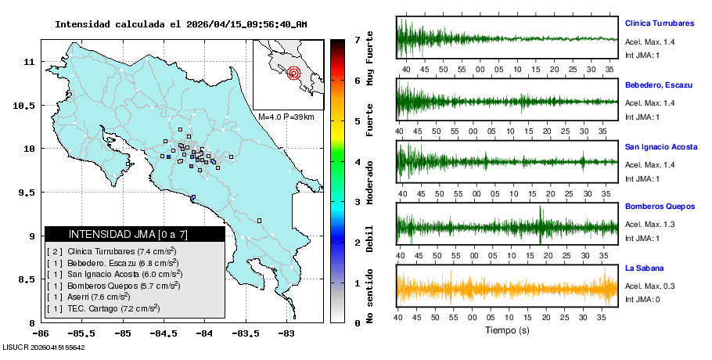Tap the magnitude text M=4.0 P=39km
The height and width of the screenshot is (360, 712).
coord(286,117)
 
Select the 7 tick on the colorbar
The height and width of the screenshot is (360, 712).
coord(357,39)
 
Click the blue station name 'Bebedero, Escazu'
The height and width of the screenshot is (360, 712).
coord(657,83)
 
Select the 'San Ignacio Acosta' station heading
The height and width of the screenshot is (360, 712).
coord(661,146)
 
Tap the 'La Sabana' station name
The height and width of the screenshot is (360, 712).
coord(645,268)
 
